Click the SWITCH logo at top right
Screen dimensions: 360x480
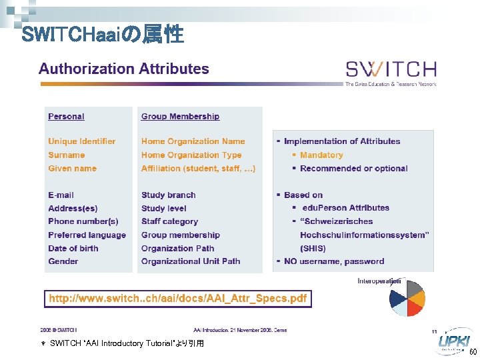click(391, 69)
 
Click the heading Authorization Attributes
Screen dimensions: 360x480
click(124, 69)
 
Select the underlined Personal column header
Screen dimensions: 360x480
click(66, 117)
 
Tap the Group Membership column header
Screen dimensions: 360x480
click(180, 117)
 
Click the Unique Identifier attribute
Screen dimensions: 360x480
click(81, 141)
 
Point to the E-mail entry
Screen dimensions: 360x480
click(61, 195)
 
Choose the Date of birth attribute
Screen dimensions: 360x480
click(73, 248)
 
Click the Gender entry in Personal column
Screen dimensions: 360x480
click(63, 261)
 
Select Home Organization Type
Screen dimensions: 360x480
click(191, 155)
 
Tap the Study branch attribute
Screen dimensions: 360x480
click(168, 195)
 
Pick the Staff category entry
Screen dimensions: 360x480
click(169, 221)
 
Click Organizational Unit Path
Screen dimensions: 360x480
click(191, 261)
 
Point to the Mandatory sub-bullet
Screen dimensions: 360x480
click(321, 155)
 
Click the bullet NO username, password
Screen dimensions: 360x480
click(334, 261)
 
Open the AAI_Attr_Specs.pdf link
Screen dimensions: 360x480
click(177, 299)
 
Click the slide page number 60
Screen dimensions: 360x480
click(473, 352)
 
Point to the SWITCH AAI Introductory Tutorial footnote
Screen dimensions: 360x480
click(127, 343)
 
